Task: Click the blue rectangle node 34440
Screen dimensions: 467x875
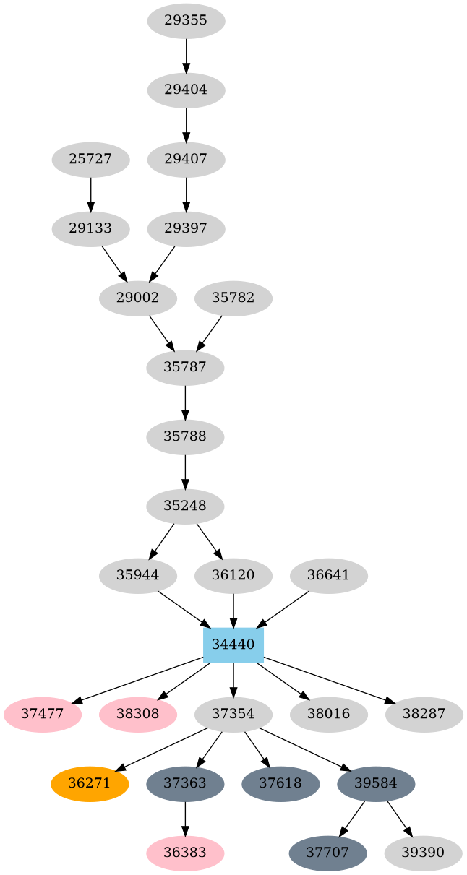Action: coord(233,645)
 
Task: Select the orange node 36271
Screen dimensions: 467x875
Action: coord(90,783)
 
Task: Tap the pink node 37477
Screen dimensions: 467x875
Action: coord(43,715)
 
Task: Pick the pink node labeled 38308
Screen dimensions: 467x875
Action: coord(138,715)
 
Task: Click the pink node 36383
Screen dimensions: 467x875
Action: coord(185,853)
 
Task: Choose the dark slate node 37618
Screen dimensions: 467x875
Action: coord(280,783)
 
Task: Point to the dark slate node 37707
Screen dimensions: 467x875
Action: coord(328,853)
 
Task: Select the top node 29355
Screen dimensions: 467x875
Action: coord(186,21)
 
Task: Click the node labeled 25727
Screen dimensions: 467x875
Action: coord(90,160)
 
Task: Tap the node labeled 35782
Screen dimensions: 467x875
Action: coord(233,298)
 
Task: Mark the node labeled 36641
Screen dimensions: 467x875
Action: coord(329,576)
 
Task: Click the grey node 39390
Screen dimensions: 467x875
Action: coord(424,853)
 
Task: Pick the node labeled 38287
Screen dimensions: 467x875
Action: coord(424,715)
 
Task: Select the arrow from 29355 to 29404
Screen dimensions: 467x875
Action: coord(186,56)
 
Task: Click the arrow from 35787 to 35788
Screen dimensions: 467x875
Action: coord(185,402)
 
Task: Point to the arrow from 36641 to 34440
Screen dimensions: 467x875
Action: coord(283,610)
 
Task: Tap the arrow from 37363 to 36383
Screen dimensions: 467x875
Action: coord(185,819)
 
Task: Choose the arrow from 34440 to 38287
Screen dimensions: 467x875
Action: coord(328,681)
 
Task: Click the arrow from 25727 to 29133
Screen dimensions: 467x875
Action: coord(90,194)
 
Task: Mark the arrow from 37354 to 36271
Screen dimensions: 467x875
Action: coord(161,750)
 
